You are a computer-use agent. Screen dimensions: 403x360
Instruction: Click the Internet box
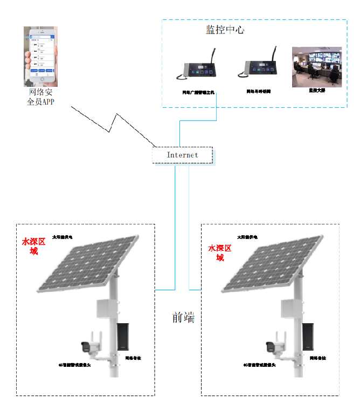point(182,155)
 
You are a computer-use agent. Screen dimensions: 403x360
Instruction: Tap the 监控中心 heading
point(225,30)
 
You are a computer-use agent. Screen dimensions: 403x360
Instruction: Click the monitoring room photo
point(316,67)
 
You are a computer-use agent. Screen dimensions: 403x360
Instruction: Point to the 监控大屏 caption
point(316,91)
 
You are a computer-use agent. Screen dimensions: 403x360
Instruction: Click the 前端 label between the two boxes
point(183,318)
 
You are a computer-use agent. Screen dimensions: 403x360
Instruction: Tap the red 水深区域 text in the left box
point(33,246)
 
